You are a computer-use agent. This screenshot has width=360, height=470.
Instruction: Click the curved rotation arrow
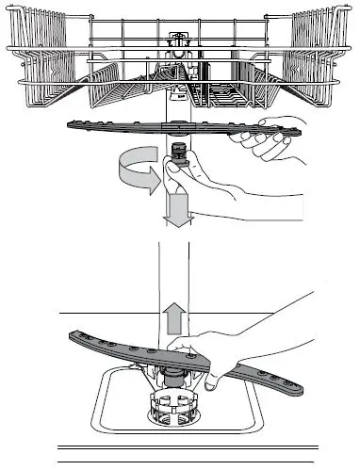coord(130,175)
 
